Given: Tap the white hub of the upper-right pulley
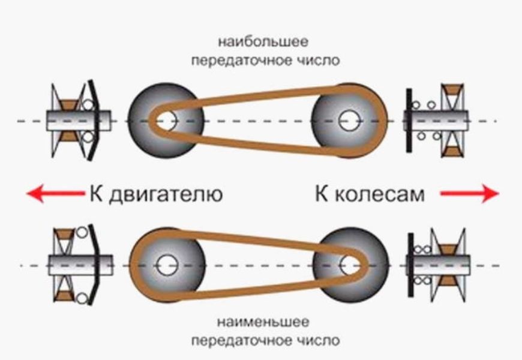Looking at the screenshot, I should (x=347, y=120).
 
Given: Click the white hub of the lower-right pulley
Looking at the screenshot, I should (x=347, y=265).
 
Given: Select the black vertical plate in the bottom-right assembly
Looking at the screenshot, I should (x=410, y=265).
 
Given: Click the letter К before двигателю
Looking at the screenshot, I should (x=97, y=194).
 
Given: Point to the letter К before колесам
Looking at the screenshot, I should (x=322, y=194).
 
